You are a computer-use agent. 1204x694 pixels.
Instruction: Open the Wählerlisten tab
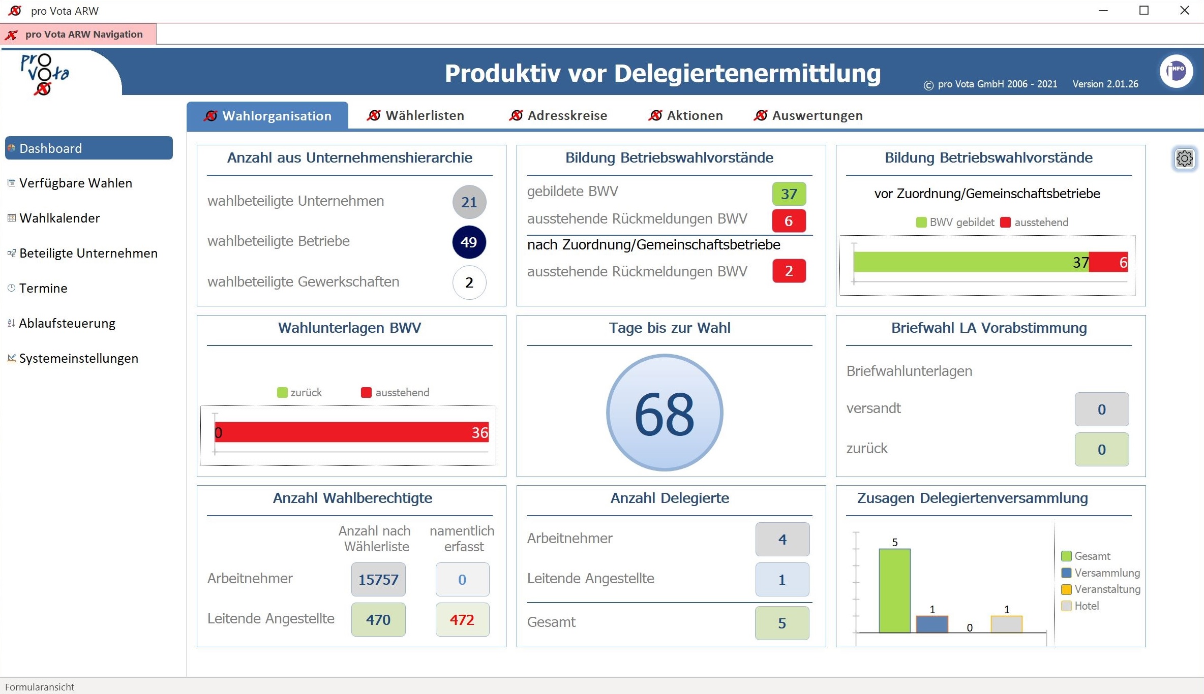(416, 116)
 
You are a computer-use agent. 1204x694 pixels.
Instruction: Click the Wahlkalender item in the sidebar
(59, 218)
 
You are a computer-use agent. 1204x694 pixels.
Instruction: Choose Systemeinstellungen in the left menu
(78, 358)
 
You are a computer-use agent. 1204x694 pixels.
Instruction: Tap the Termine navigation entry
(43, 288)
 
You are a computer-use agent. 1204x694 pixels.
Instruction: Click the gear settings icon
(1184, 159)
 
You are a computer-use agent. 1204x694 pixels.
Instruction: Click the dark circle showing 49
(469, 242)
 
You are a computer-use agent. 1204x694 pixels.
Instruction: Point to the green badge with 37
(789, 194)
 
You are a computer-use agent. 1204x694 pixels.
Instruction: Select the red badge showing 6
(789, 221)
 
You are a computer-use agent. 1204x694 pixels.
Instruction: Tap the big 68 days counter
(665, 413)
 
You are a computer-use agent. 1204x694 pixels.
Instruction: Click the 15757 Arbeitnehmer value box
(378, 579)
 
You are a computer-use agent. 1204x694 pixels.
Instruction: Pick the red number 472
(462, 619)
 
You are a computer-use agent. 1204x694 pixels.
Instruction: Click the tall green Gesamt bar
(894, 590)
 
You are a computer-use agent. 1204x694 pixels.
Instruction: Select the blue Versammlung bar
(932, 624)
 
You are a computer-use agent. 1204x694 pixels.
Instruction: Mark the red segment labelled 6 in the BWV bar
(1108, 262)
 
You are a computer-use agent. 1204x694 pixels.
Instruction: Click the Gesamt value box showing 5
(782, 623)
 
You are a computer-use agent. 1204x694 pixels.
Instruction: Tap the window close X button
(1184, 11)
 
